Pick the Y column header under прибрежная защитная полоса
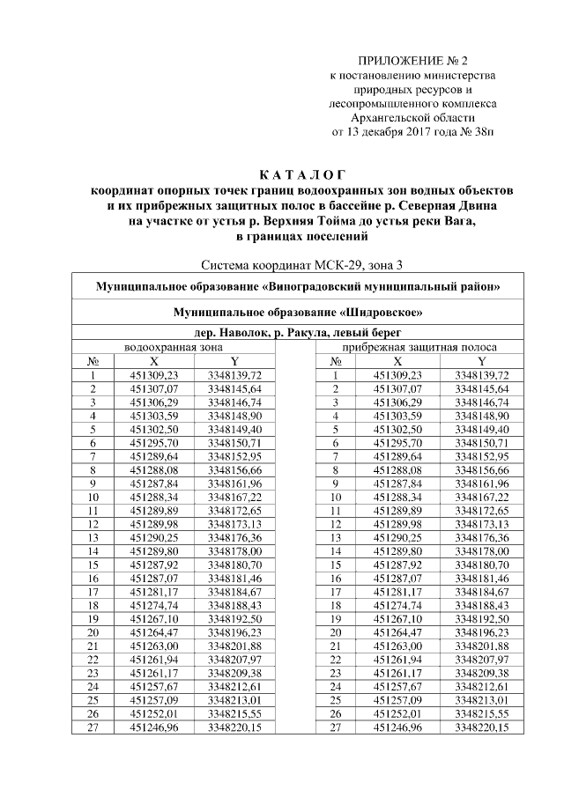coord(482,361)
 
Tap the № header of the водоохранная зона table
coord(93,361)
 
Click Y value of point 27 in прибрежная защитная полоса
coord(482,728)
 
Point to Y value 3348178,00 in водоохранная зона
coord(235,551)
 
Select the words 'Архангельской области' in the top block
coord(412,117)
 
